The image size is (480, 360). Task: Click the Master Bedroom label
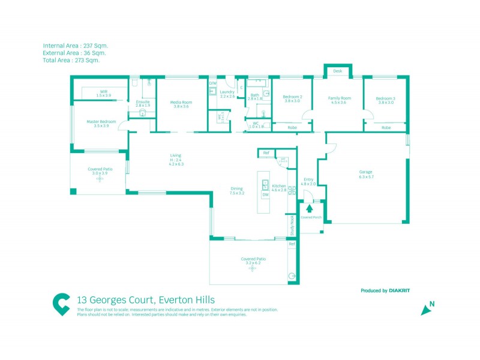click(x=101, y=122)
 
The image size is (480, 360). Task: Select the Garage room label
click(x=366, y=172)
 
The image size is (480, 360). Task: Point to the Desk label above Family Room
click(x=338, y=71)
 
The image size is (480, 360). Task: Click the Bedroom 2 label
click(x=292, y=97)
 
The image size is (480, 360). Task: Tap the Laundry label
click(x=227, y=92)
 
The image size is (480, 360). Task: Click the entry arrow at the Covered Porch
click(x=310, y=208)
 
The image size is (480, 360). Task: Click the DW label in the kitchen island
click(x=265, y=194)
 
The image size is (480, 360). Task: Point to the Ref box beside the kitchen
click(x=266, y=153)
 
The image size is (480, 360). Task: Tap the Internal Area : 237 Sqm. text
click(x=76, y=46)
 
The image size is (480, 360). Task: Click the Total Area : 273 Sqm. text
click(x=71, y=60)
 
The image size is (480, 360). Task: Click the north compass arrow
click(x=426, y=310)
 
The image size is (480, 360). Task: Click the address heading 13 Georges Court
click(x=146, y=299)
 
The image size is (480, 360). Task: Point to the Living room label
click(x=175, y=156)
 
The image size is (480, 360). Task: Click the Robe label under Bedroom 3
click(x=386, y=127)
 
